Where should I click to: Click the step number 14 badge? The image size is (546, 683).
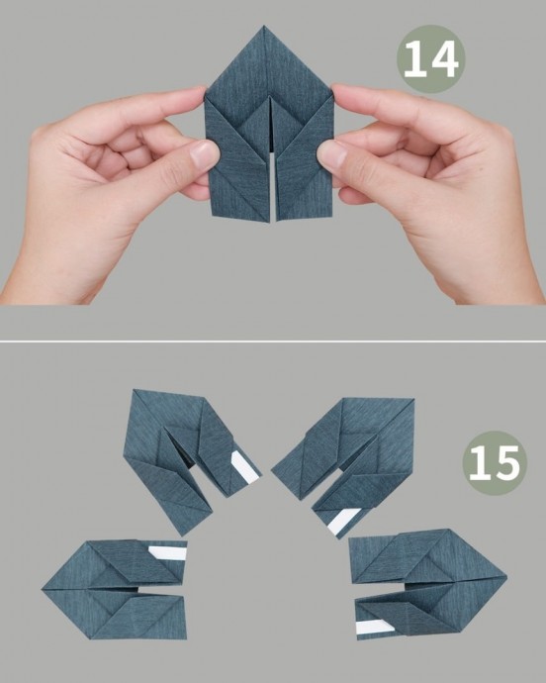[430, 58]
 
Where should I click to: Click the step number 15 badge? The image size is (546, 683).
[495, 463]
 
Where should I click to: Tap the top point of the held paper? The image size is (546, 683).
[264, 26]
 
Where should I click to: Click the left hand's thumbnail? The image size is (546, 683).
[204, 154]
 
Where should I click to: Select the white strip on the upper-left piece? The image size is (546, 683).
[245, 467]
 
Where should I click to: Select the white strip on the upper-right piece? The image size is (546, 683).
[343, 521]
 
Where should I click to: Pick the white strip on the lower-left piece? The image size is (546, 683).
[168, 553]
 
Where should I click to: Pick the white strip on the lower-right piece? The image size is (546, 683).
[375, 627]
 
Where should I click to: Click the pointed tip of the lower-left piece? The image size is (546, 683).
[43, 590]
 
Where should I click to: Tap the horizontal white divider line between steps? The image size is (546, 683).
[273, 341]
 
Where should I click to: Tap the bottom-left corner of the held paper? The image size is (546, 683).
[212, 215]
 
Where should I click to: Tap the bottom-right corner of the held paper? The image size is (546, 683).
[333, 214]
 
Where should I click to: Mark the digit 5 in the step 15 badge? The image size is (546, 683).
[506, 463]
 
